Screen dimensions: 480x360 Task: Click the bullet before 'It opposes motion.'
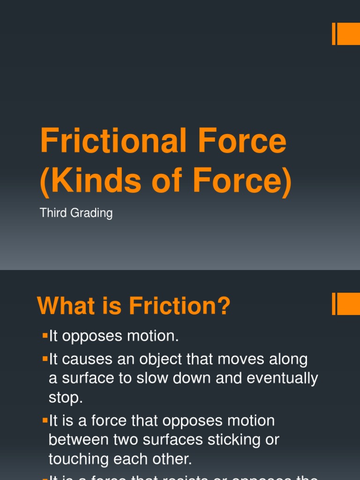click(x=45, y=335)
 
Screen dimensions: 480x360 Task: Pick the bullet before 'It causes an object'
click(x=45, y=359)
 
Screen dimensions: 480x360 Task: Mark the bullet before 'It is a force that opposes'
click(x=45, y=420)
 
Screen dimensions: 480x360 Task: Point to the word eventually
click(x=282, y=379)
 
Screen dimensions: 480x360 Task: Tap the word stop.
click(x=66, y=398)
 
